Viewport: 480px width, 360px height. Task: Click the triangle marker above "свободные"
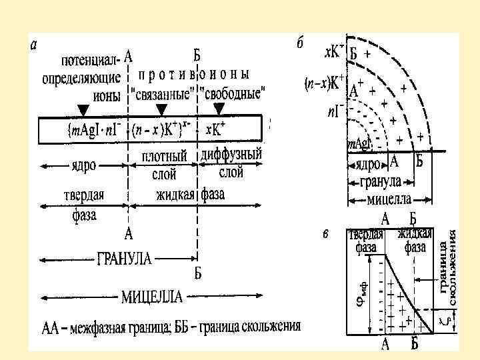coord(219,108)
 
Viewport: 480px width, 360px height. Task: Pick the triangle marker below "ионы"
coord(83,108)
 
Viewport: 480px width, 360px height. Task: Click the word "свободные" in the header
coord(232,93)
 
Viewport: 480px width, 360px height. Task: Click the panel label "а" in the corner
coord(34,46)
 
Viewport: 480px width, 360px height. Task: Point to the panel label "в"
coord(325,233)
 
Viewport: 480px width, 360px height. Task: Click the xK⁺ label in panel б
coord(333,51)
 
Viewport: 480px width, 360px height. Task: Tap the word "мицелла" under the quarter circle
coord(390,199)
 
